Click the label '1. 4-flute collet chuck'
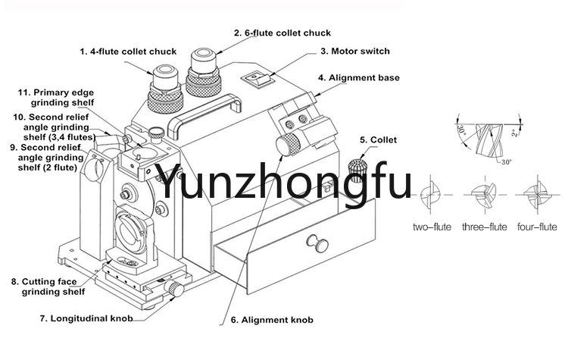pos(128,52)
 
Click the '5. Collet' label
pos(378,140)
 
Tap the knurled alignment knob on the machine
pos(289,144)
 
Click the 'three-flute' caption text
pos(484,227)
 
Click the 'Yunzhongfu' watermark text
pos(283,182)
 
